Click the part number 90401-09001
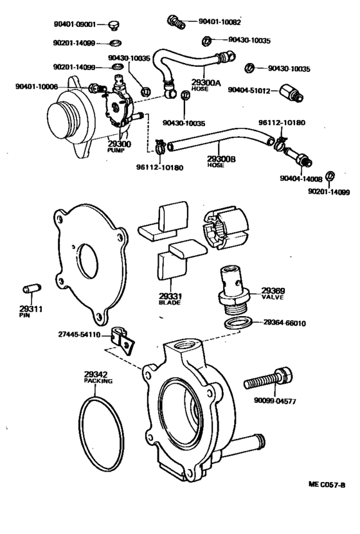tap(75, 24)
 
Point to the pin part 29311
tap(32, 289)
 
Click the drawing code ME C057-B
tap(327, 485)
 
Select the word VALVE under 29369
tap(273, 298)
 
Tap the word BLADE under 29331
tap(170, 303)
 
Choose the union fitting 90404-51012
tap(292, 93)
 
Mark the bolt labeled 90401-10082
tap(176, 22)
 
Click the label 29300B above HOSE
tap(221, 159)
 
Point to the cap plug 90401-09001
tap(114, 25)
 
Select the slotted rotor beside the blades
tap(226, 227)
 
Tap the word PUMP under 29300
tap(116, 150)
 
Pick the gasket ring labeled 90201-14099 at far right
tap(330, 176)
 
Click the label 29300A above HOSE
tap(206, 82)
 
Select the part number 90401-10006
tap(37, 87)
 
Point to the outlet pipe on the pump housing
tap(244, 445)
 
